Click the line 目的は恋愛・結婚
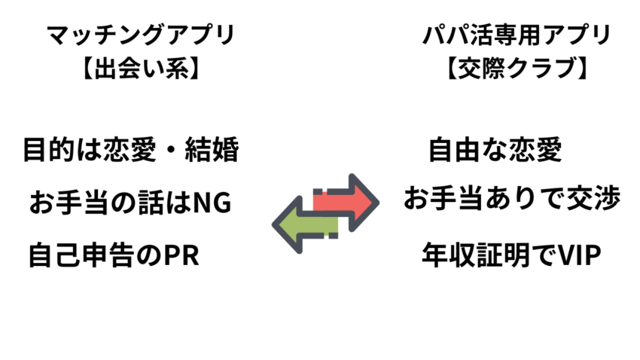[x=130, y=150]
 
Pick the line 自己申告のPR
[x=113, y=255]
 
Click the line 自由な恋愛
[x=495, y=150]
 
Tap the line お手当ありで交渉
[x=512, y=200]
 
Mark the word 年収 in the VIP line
[x=445, y=255]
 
